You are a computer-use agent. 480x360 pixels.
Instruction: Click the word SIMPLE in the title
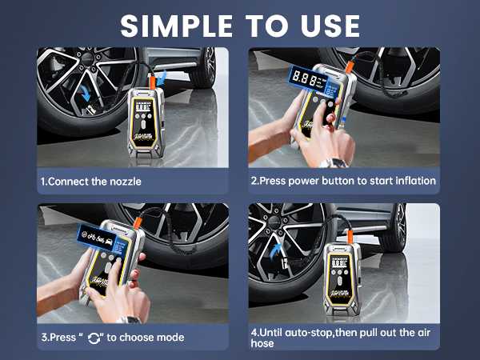(x=177, y=26)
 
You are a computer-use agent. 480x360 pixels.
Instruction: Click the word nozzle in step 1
(x=126, y=182)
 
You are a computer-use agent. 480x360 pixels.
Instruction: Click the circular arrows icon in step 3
(x=94, y=338)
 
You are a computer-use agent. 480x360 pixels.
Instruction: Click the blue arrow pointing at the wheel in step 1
(x=86, y=93)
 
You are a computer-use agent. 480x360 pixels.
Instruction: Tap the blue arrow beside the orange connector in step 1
(x=162, y=78)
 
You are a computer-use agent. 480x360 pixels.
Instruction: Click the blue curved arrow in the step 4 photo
(x=276, y=252)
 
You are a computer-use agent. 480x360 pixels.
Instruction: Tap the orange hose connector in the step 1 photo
(x=152, y=82)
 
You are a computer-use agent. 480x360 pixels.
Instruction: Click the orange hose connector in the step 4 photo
(x=350, y=238)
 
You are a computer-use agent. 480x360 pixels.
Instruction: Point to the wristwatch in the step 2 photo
(x=334, y=162)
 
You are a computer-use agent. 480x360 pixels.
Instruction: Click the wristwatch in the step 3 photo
(x=128, y=320)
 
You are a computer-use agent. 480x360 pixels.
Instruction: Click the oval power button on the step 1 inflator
(x=143, y=126)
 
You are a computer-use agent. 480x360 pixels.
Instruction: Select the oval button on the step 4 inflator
(x=339, y=282)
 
